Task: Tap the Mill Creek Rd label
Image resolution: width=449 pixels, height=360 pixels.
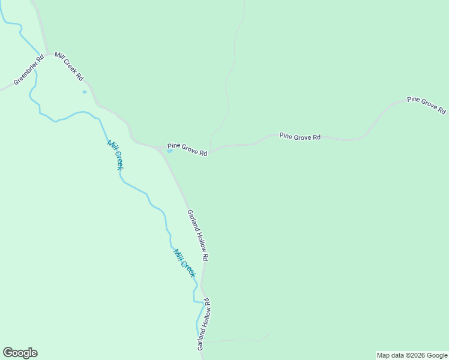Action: [x=69, y=66]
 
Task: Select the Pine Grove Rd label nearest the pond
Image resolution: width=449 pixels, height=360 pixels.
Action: [x=187, y=149]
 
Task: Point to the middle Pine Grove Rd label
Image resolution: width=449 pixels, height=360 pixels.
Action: [x=300, y=137]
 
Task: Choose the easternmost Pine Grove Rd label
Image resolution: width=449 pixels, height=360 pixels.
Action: [x=426, y=105]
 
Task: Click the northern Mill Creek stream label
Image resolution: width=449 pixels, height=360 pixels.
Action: [x=115, y=155]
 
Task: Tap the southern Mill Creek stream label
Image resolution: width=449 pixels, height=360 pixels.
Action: [x=185, y=263]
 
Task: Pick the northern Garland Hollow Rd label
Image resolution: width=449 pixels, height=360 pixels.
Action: [x=197, y=235]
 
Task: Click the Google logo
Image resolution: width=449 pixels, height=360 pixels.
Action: [x=20, y=353]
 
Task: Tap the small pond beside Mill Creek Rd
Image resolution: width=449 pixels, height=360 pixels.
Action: [x=85, y=92]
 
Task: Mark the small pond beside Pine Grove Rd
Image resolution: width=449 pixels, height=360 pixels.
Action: [x=169, y=151]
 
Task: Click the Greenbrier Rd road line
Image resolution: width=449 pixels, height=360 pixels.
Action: [x=7, y=88]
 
